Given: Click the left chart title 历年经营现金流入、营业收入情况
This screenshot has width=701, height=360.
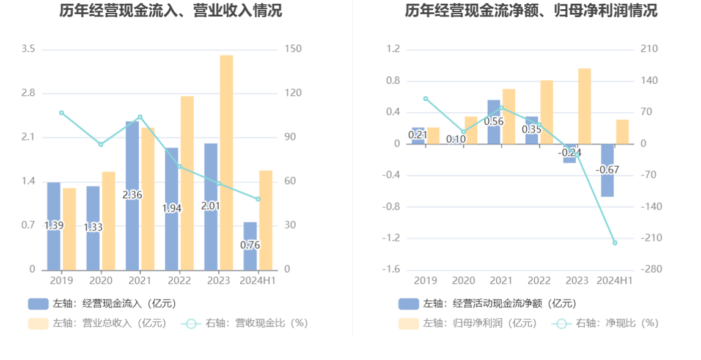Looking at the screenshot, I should click(x=171, y=11).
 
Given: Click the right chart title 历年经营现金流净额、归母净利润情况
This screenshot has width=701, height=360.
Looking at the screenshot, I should click(x=531, y=11).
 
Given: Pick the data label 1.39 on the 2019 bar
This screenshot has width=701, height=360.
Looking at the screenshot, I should click(x=54, y=226).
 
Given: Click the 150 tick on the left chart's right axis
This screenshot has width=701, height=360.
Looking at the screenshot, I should click(x=293, y=49).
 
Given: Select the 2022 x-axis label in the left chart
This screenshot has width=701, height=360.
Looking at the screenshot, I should click(x=179, y=281).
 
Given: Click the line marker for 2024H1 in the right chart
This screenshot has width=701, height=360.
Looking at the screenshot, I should click(x=615, y=243).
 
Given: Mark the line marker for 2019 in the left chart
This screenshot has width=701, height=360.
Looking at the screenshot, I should click(x=61, y=112).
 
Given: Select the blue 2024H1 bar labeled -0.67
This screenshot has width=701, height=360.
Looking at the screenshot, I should click(x=607, y=171).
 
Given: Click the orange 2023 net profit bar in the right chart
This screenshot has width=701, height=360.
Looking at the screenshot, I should click(x=584, y=106).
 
